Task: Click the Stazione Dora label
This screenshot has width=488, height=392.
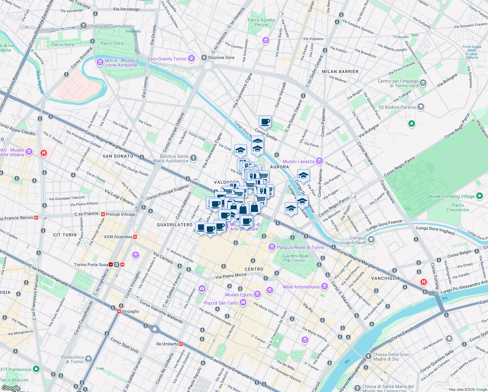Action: [x=221, y=57]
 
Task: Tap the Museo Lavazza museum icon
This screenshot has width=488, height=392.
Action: [x=319, y=161]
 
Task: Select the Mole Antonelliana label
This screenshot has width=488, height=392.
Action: [x=301, y=287]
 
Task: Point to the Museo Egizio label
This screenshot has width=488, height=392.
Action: [x=238, y=295]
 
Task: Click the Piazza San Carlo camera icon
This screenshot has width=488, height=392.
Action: [x=243, y=302]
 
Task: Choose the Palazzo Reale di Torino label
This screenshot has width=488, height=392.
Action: [x=300, y=247]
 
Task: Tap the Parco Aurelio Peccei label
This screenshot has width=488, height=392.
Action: [x=261, y=22]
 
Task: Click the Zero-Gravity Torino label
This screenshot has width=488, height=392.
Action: [x=167, y=59]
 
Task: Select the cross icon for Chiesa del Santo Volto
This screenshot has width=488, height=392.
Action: [x=83, y=26]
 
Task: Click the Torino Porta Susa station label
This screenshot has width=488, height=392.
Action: [x=91, y=265]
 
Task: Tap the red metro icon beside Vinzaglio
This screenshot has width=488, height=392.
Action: [x=119, y=311]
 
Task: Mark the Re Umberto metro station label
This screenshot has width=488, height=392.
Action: [x=167, y=344]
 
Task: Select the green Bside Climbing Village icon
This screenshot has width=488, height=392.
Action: [x=479, y=196]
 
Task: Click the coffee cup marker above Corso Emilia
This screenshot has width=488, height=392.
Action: [x=265, y=122]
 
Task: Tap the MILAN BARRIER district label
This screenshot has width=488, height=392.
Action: [x=340, y=72]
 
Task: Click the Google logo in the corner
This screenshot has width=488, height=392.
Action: [x=11, y=388]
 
